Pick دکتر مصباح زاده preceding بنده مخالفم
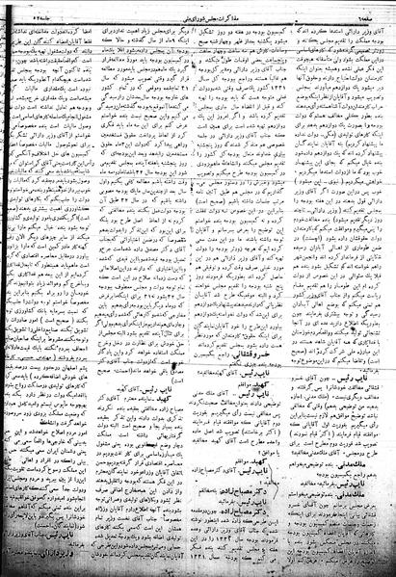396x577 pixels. pyautogui.click(x=194, y=532)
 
